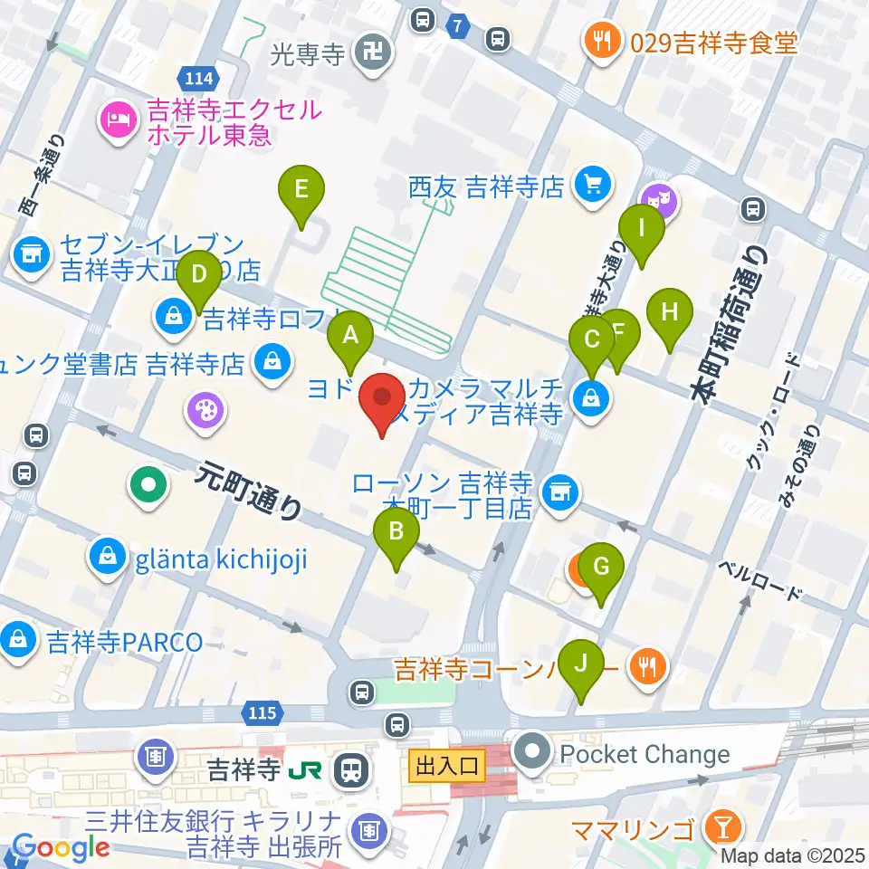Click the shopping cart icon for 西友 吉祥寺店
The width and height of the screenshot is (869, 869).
[593, 186]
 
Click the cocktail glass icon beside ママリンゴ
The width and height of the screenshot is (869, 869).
[724, 826]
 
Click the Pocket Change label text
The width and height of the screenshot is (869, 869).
[645, 753]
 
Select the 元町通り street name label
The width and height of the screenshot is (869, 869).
[247, 492]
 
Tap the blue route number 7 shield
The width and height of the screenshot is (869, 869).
[460, 28]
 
